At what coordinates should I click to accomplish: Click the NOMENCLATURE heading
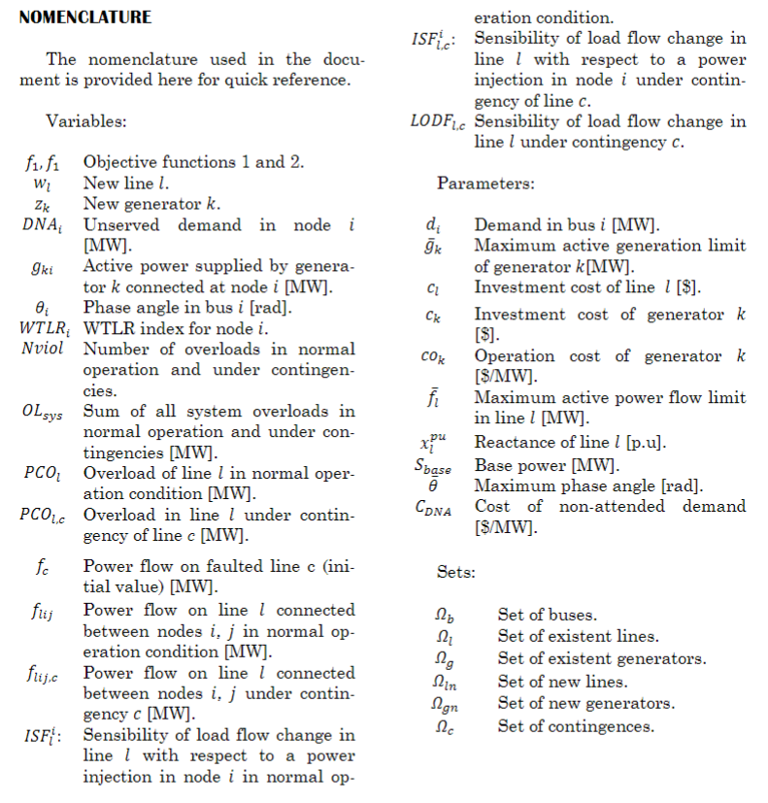(84, 17)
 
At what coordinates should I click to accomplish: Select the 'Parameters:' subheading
(484, 183)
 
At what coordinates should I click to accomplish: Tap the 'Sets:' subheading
(455, 573)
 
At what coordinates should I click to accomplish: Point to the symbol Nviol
(42, 349)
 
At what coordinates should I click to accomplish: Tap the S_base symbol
(431, 465)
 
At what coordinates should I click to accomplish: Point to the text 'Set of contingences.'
(576, 725)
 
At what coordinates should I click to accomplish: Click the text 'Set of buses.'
(547, 615)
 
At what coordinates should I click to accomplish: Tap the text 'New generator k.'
(151, 204)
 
